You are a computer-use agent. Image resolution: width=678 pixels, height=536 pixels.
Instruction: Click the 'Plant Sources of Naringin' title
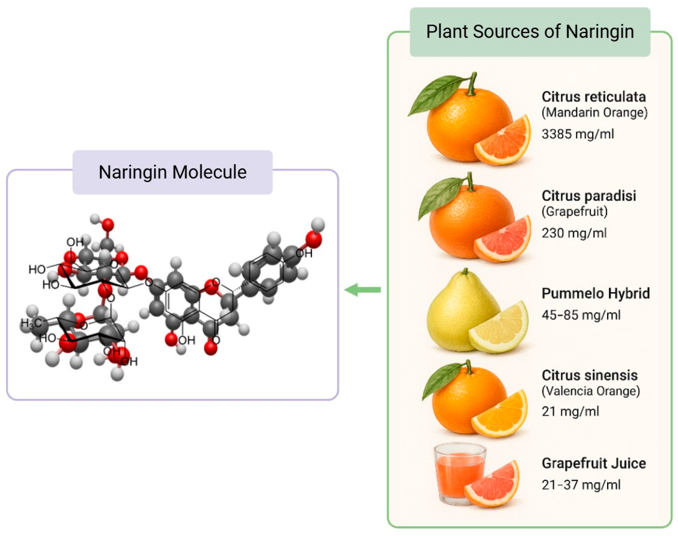530,32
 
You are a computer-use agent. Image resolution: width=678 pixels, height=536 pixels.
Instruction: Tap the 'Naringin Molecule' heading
172,172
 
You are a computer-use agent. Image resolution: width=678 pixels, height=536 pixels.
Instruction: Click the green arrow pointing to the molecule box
362,290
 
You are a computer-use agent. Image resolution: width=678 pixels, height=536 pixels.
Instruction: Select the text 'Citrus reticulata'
594,97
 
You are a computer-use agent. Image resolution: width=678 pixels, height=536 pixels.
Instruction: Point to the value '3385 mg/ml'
578,134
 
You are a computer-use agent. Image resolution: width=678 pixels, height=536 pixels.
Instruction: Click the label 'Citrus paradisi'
589,196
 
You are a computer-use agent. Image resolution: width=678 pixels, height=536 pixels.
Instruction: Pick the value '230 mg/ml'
574,233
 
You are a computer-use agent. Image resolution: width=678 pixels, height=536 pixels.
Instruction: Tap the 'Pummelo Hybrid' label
596,294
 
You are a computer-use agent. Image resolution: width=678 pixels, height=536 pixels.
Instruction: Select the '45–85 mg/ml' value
581,315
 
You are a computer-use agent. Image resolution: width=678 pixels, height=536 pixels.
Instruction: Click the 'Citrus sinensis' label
590,375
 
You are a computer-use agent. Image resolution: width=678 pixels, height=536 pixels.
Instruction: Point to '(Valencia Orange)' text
591,391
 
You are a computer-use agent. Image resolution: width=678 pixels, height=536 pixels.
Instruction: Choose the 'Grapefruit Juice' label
594,463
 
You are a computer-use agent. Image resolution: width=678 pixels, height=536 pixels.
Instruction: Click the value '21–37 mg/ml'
581,485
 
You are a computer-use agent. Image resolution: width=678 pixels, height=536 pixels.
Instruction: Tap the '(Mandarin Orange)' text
594,113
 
